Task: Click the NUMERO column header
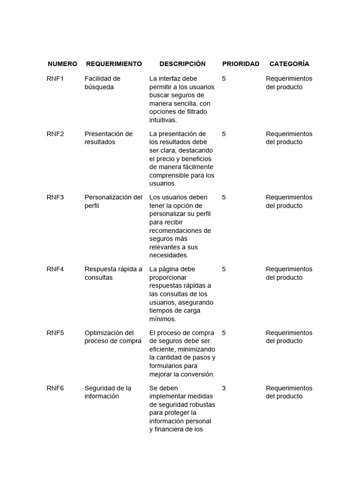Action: (x=62, y=64)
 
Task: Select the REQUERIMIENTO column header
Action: (x=113, y=64)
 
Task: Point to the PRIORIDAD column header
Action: (x=240, y=64)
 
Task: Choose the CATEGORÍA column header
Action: (x=289, y=64)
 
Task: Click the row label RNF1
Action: (x=55, y=79)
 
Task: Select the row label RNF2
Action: (x=55, y=134)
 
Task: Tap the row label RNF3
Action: (x=55, y=197)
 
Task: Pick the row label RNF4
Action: (x=55, y=270)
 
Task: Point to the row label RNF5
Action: (x=55, y=333)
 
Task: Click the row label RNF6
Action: (x=55, y=389)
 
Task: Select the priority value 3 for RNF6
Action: (x=224, y=389)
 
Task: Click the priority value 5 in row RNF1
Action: (x=224, y=79)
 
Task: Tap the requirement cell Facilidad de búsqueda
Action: (x=102, y=83)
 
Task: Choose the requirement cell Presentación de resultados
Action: (x=108, y=138)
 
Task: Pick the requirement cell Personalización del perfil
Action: (x=113, y=202)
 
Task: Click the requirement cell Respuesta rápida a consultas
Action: (x=113, y=273)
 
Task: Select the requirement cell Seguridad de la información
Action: (x=108, y=392)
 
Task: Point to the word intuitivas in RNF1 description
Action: (x=163, y=120)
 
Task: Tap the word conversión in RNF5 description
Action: (x=197, y=375)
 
